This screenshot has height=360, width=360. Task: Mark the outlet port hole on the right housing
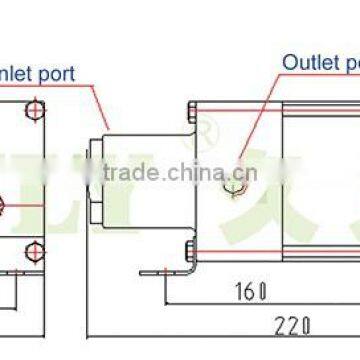tap(235, 186)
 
